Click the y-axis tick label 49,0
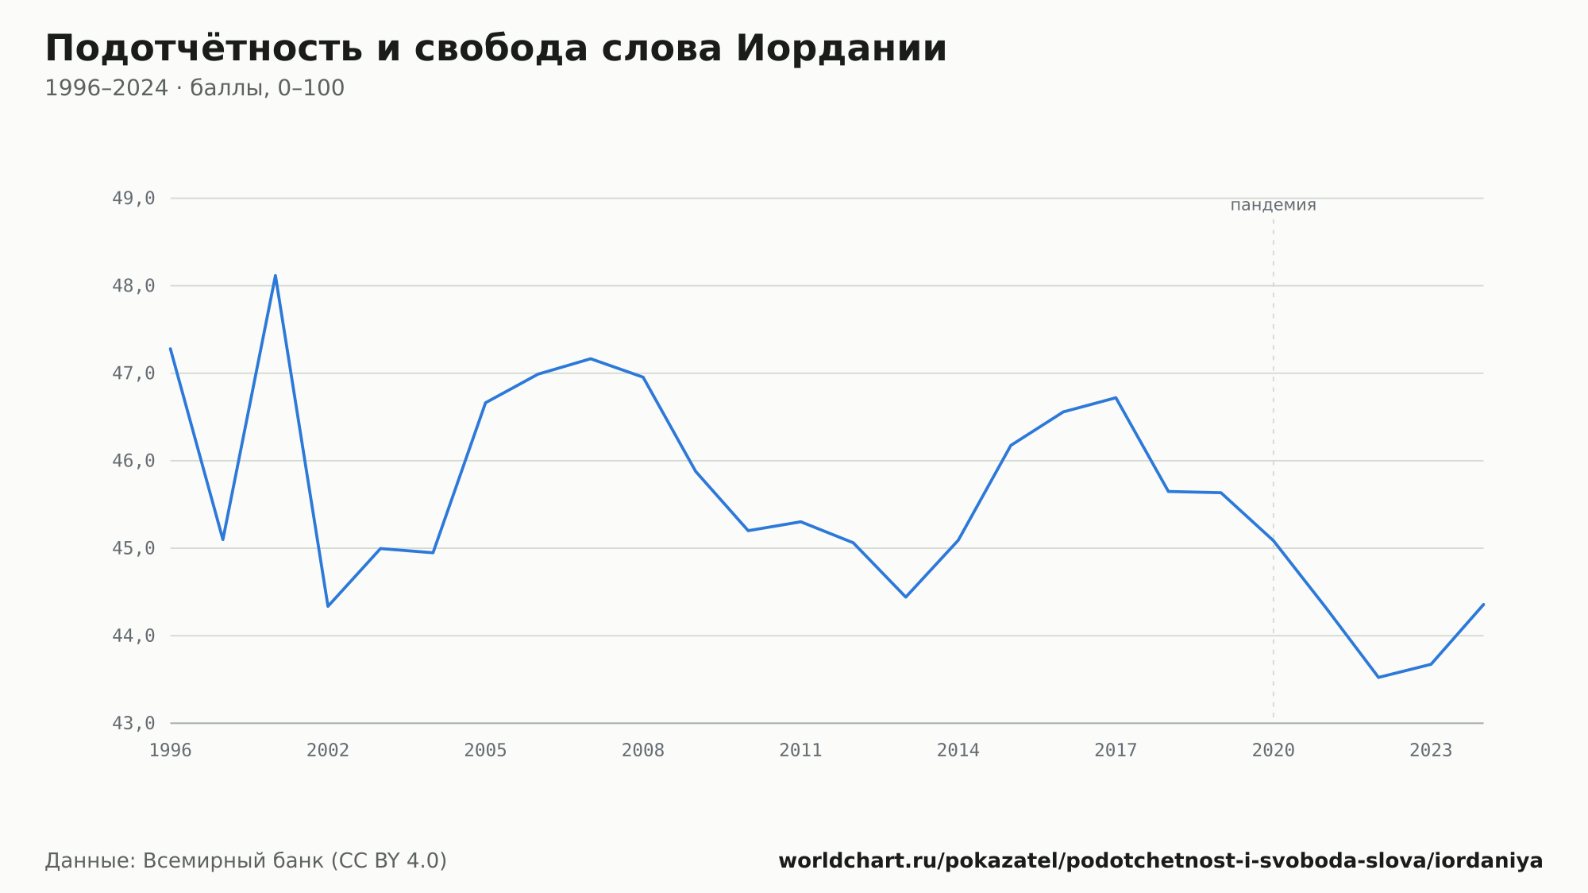[x=133, y=199]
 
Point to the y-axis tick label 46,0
[x=133, y=461]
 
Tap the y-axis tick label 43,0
[x=133, y=723]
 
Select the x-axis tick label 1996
[x=171, y=751]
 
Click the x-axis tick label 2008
[x=643, y=751]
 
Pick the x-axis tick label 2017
[x=1116, y=751]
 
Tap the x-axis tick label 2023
[x=1431, y=751]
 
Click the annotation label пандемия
[x=1274, y=205]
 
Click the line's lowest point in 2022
[x=1378, y=677]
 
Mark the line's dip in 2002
[x=328, y=606]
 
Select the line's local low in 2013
[x=906, y=597]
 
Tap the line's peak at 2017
[x=1116, y=397]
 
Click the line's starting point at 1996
[x=171, y=349]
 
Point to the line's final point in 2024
[x=1483, y=605]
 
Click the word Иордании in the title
[x=841, y=48]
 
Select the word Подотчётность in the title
[x=204, y=48]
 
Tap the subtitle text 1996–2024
[x=106, y=88]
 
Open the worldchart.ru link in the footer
[x=1160, y=860]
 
